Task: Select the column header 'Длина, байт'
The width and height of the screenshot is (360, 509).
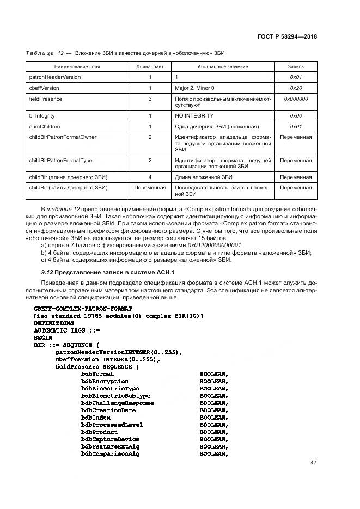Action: (x=150, y=66)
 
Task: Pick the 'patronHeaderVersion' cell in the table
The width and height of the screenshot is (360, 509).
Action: (x=54, y=77)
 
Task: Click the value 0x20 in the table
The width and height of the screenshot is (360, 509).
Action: (x=296, y=88)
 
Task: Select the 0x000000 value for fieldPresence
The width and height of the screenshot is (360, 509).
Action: (x=296, y=99)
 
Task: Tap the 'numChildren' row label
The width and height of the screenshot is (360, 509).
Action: (x=45, y=126)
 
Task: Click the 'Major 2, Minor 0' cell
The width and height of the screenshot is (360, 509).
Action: (x=194, y=88)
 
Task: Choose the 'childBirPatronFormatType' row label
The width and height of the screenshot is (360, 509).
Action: (x=60, y=161)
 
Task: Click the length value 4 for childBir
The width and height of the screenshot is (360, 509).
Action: (x=150, y=177)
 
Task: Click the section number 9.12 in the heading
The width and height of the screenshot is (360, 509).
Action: (x=47, y=272)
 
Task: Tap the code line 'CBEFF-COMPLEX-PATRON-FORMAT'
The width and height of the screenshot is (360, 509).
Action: (x=75, y=309)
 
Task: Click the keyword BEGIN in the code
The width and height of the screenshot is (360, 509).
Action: (x=43, y=338)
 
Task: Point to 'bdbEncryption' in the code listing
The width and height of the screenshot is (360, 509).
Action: (x=105, y=382)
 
